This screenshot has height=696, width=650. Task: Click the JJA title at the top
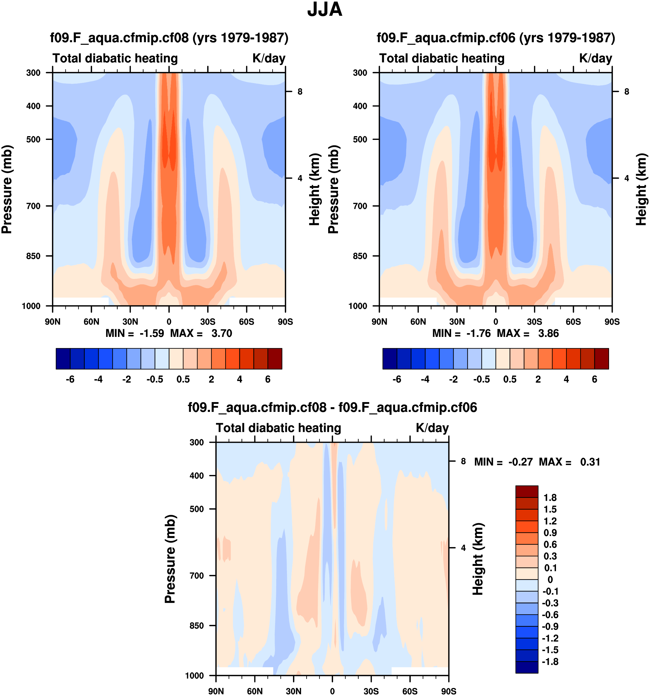324,10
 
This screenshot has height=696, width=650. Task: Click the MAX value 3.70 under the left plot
221,333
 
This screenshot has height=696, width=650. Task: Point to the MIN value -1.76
478,333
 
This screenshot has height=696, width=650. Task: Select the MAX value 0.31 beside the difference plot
590,462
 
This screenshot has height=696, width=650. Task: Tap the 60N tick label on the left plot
91,322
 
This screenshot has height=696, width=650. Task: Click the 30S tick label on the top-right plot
534,322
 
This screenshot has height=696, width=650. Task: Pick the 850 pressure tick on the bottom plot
197,626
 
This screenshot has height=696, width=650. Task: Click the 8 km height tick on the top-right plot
627,92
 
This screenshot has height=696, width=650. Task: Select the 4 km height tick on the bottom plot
463,548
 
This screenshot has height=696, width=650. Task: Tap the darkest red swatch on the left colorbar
275,359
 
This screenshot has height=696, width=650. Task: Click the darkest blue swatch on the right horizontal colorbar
390,359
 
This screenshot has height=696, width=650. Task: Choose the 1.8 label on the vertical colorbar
550,498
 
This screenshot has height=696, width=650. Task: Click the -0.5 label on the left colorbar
155,380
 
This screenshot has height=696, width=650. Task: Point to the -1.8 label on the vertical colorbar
550,662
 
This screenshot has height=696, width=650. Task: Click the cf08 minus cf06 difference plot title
332,408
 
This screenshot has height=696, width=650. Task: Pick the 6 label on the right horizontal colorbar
594,380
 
